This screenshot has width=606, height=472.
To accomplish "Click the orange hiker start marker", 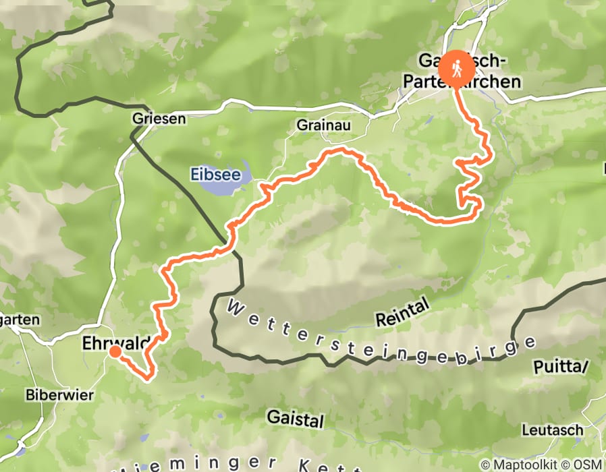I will [457, 68].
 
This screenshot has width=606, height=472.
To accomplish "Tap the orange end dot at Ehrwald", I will [115, 351].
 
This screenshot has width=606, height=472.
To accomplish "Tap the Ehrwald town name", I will [112, 343].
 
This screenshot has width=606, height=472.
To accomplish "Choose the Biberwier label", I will [50, 394].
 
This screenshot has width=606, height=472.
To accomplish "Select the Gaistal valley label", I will [295, 418].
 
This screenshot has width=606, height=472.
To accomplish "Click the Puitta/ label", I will [561, 367].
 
